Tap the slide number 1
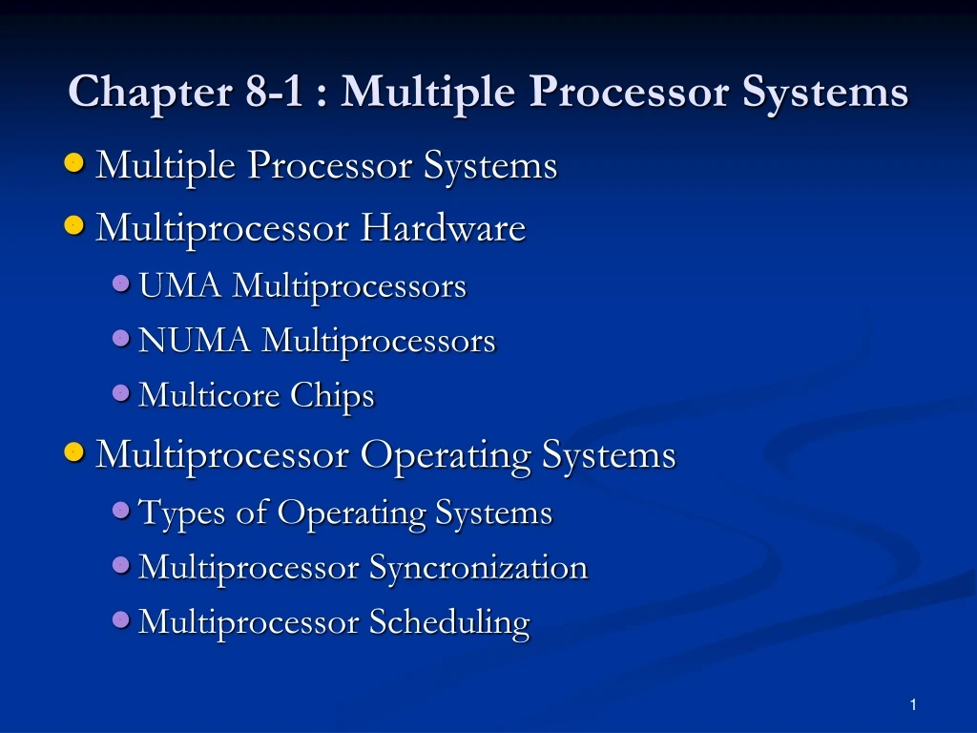click(913, 704)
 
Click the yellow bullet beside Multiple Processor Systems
click(74, 165)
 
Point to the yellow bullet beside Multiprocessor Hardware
click(74, 227)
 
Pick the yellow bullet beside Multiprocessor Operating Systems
click(74, 453)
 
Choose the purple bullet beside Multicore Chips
click(121, 393)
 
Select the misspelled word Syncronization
click(478, 568)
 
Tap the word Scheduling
click(449, 622)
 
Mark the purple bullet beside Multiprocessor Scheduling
click(121, 620)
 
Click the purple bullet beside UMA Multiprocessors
click(121, 283)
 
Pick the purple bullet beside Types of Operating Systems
click(121, 511)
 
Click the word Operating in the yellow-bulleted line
click(444, 455)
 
